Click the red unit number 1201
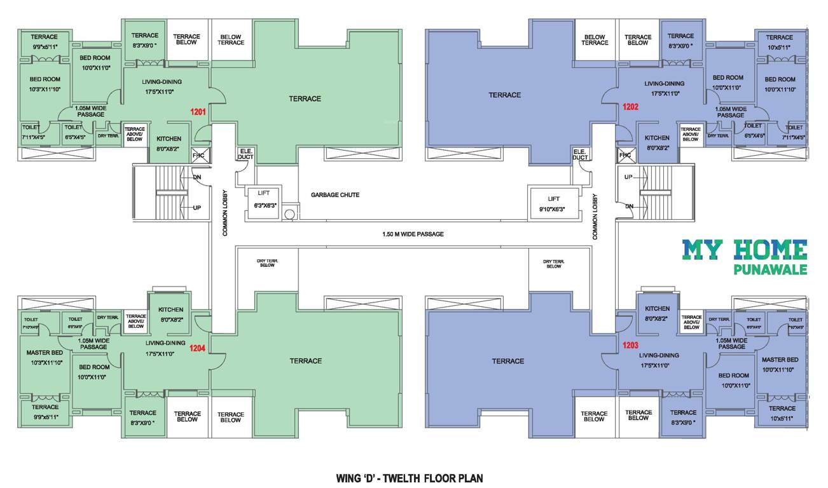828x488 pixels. tap(198, 112)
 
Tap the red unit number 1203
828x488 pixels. tap(630, 346)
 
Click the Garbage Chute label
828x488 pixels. tap(335, 194)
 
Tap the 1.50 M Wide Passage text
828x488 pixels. tap(414, 234)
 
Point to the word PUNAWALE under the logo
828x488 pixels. tap(770, 270)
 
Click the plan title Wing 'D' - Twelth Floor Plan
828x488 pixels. tap(413, 476)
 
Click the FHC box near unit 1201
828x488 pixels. tap(197, 155)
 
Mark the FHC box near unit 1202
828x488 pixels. tap(624, 155)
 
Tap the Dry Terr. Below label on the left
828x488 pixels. tap(266, 263)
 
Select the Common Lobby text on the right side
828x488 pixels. tap(595, 216)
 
